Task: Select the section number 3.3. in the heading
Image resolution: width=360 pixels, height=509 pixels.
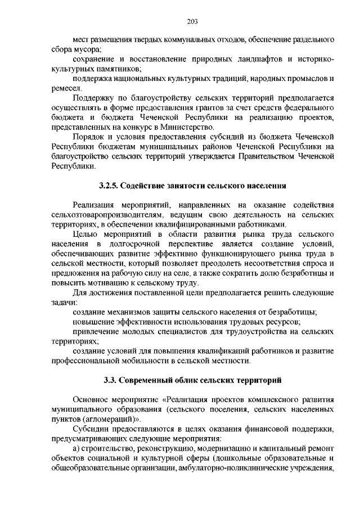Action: (111, 380)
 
